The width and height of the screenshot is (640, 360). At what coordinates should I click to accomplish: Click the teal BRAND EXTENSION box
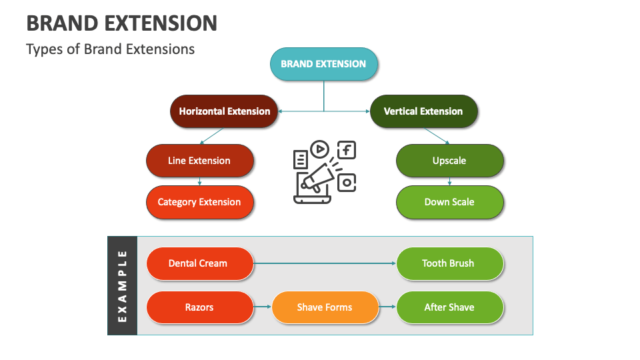[323, 64]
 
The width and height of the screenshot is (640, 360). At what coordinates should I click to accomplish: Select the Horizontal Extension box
[224, 111]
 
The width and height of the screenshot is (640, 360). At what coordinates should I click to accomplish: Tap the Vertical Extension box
[423, 111]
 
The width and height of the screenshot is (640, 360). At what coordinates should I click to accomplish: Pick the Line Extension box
[199, 161]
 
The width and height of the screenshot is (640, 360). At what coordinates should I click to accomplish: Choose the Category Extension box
[199, 202]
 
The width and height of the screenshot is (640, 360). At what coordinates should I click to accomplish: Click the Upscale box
[449, 161]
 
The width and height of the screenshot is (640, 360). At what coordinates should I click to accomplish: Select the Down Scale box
[449, 202]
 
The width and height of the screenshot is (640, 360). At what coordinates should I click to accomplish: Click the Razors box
[199, 307]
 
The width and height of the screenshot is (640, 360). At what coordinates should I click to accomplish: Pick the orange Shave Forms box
[325, 307]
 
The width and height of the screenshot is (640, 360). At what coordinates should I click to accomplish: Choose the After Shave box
[449, 307]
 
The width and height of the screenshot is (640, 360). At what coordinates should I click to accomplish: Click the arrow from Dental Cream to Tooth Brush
[325, 263]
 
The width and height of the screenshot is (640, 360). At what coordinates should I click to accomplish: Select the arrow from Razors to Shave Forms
[263, 307]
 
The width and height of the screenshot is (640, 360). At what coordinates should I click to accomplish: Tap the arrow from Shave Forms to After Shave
[387, 307]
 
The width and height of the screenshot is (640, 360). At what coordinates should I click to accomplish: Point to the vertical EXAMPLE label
[122, 285]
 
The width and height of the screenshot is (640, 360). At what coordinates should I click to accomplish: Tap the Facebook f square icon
[347, 150]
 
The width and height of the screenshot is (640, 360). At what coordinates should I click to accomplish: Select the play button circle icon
[319, 149]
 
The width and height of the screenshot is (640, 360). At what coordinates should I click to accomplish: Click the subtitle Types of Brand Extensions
[111, 49]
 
